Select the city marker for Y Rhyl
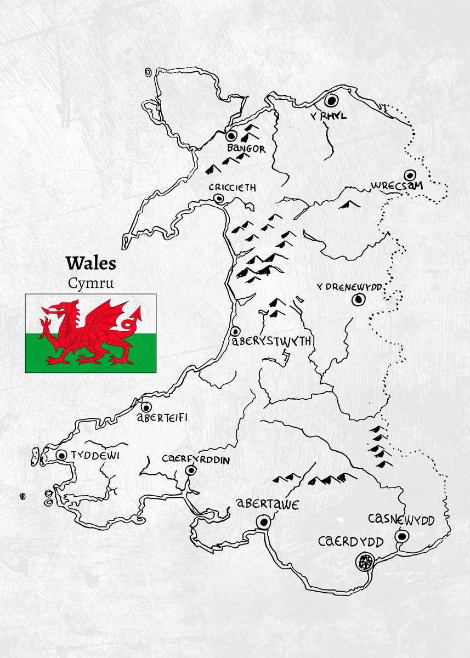pos(331,101)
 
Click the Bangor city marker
pos(231,135)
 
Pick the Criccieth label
pos(233,188)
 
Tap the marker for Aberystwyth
pos(235,331)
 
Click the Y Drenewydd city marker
pos(359,299)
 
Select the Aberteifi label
pos(162,418)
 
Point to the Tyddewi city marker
pos(61,455)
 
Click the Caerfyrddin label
pos(196,459)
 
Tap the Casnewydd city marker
pos(403,536)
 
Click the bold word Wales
pos(91,263)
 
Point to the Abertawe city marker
pos(264,522)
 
